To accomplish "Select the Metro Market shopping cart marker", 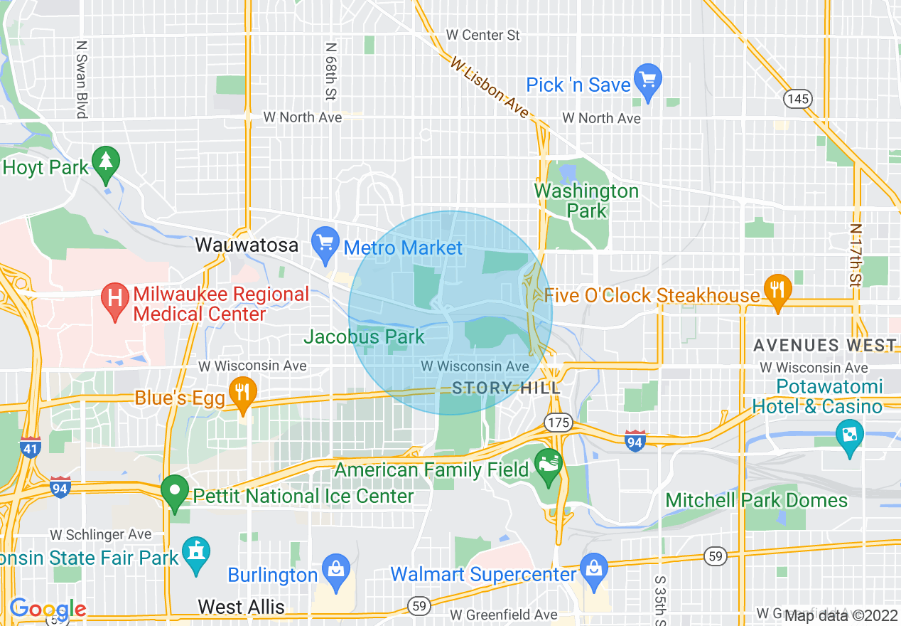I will (x=326, y=242).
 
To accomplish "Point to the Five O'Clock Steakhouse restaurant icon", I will (x=778, y=290).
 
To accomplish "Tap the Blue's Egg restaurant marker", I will (x=243, y=393).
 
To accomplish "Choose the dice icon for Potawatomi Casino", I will (x=848, y=435).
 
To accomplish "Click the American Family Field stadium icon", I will (x=548, y=465).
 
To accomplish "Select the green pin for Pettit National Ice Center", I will (x=174, y=492).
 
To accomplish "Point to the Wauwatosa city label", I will (x=247, y=245).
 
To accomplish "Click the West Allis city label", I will (x=241, y=607).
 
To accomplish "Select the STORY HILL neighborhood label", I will (x=506, y=388).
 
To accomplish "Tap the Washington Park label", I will (x=586, y=201).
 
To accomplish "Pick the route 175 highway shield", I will (x=559, y=423).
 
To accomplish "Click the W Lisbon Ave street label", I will (x=490, y=87).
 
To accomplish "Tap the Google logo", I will (x=48, y=609).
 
